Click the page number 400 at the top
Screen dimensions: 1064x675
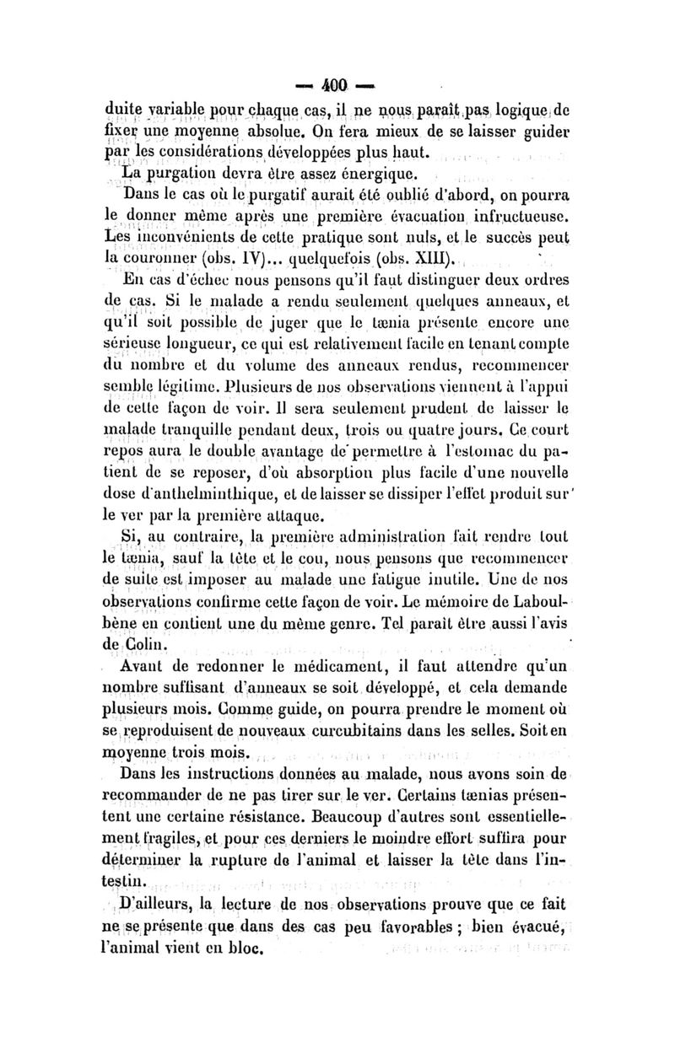[x=337, y=84]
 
